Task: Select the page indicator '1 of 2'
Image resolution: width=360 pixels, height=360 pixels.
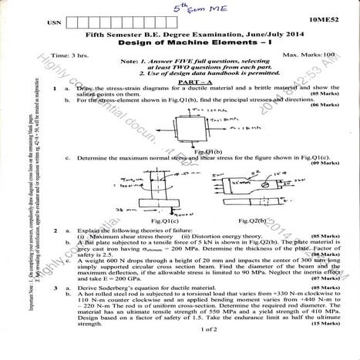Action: (x=186, y=351)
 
